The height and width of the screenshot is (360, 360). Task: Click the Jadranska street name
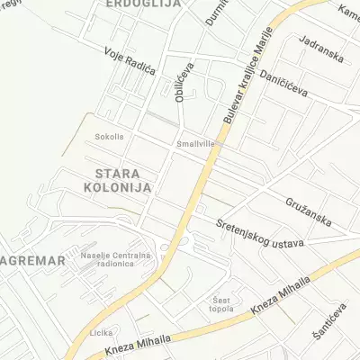323,55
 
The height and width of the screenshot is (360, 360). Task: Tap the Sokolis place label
109,138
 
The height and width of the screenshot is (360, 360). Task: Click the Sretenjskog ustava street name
260,234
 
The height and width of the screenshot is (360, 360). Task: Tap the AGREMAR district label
33,260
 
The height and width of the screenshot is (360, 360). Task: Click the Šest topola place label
220,304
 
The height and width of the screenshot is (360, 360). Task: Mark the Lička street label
101,332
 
